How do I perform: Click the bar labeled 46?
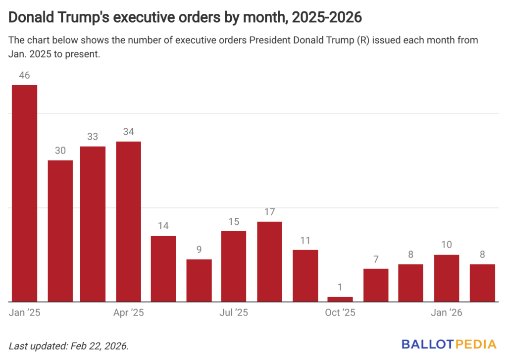[x=25, y=193]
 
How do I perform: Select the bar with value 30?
[x=60, y=231]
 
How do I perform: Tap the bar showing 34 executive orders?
[x=129, y=221]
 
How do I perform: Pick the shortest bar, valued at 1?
[x=341, y=299]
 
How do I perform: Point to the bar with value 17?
[x=269, y=261]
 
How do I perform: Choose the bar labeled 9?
[x=199, y=280]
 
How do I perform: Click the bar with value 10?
[x=447, y=278]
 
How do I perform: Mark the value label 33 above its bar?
[x=93, y=137]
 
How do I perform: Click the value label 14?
[x=163, y=226]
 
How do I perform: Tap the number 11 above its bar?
[x=305, y=241]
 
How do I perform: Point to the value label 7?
[x=376, y=259]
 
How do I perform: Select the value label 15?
[x=234, y=222]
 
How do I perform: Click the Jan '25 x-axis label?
[x=25, y=312]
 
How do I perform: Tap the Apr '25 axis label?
[x=128, y=312]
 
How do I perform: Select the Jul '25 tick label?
[x=233, y=312]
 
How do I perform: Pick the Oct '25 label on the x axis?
[x=340, y=312]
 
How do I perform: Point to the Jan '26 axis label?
[x=447, y=312]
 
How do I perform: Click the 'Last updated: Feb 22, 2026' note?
[x=69, y=346]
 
